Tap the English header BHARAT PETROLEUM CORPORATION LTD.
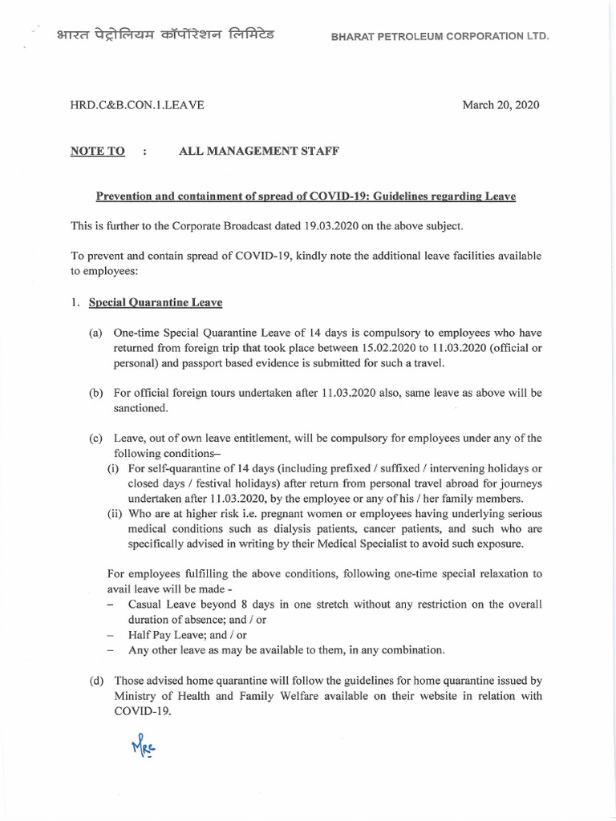pos(434,38)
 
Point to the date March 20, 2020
pos(500,106)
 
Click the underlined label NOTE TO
pos(98,152)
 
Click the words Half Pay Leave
pos(162,634)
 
